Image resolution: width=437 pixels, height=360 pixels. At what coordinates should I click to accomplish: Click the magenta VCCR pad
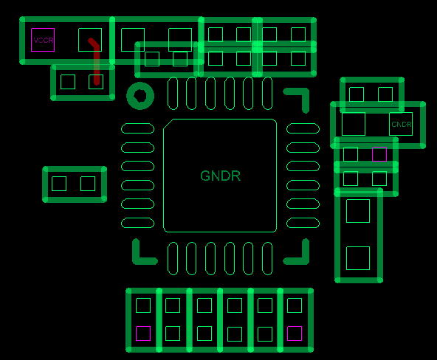[43, 40]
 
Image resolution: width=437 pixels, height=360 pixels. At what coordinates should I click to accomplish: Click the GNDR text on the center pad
[220, 176]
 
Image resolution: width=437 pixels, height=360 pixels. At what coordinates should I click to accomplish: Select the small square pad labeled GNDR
[401, 124]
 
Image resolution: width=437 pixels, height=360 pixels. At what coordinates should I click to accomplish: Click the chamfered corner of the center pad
[168, 124]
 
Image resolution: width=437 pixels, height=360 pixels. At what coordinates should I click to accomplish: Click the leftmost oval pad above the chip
[173, 93]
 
